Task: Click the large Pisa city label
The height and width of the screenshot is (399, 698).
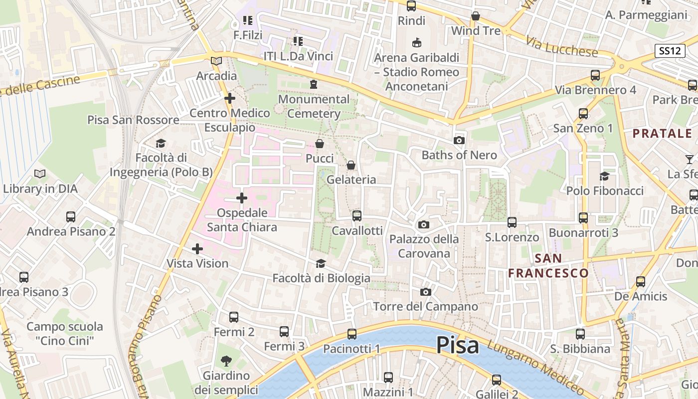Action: [x=458, y=345]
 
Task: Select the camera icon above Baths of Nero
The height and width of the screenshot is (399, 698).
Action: [x=459, y=141]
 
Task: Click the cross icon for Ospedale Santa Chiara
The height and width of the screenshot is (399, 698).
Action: [x=242, y=199]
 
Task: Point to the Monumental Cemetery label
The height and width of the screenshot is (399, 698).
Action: [x=314, y=106]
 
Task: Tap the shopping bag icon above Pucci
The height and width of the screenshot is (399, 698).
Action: [x=320, y=144]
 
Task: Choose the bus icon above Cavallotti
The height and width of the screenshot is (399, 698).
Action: [x=357, y=216]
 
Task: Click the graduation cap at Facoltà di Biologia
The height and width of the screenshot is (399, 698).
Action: [x=321, y=263]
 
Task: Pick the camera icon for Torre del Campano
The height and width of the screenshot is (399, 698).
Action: [x=425, y=292]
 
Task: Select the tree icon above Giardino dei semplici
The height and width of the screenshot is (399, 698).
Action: [x=226, y=360]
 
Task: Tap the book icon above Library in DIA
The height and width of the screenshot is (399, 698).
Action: [x=40, y=174]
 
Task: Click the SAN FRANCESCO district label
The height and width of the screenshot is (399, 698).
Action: [x=548, y=266]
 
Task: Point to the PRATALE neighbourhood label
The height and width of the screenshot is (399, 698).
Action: [x=663, y=134]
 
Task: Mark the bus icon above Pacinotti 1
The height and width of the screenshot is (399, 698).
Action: [x=352, y=334]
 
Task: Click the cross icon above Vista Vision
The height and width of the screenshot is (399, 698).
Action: [x=197, y=248]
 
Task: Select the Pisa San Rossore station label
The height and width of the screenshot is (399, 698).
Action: [x=133, y=120]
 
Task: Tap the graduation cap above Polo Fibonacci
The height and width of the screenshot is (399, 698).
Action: [x=605, y=176]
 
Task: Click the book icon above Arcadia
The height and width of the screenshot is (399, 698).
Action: [x=216, y=61]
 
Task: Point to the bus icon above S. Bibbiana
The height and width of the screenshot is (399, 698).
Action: [x=580, y=334]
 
